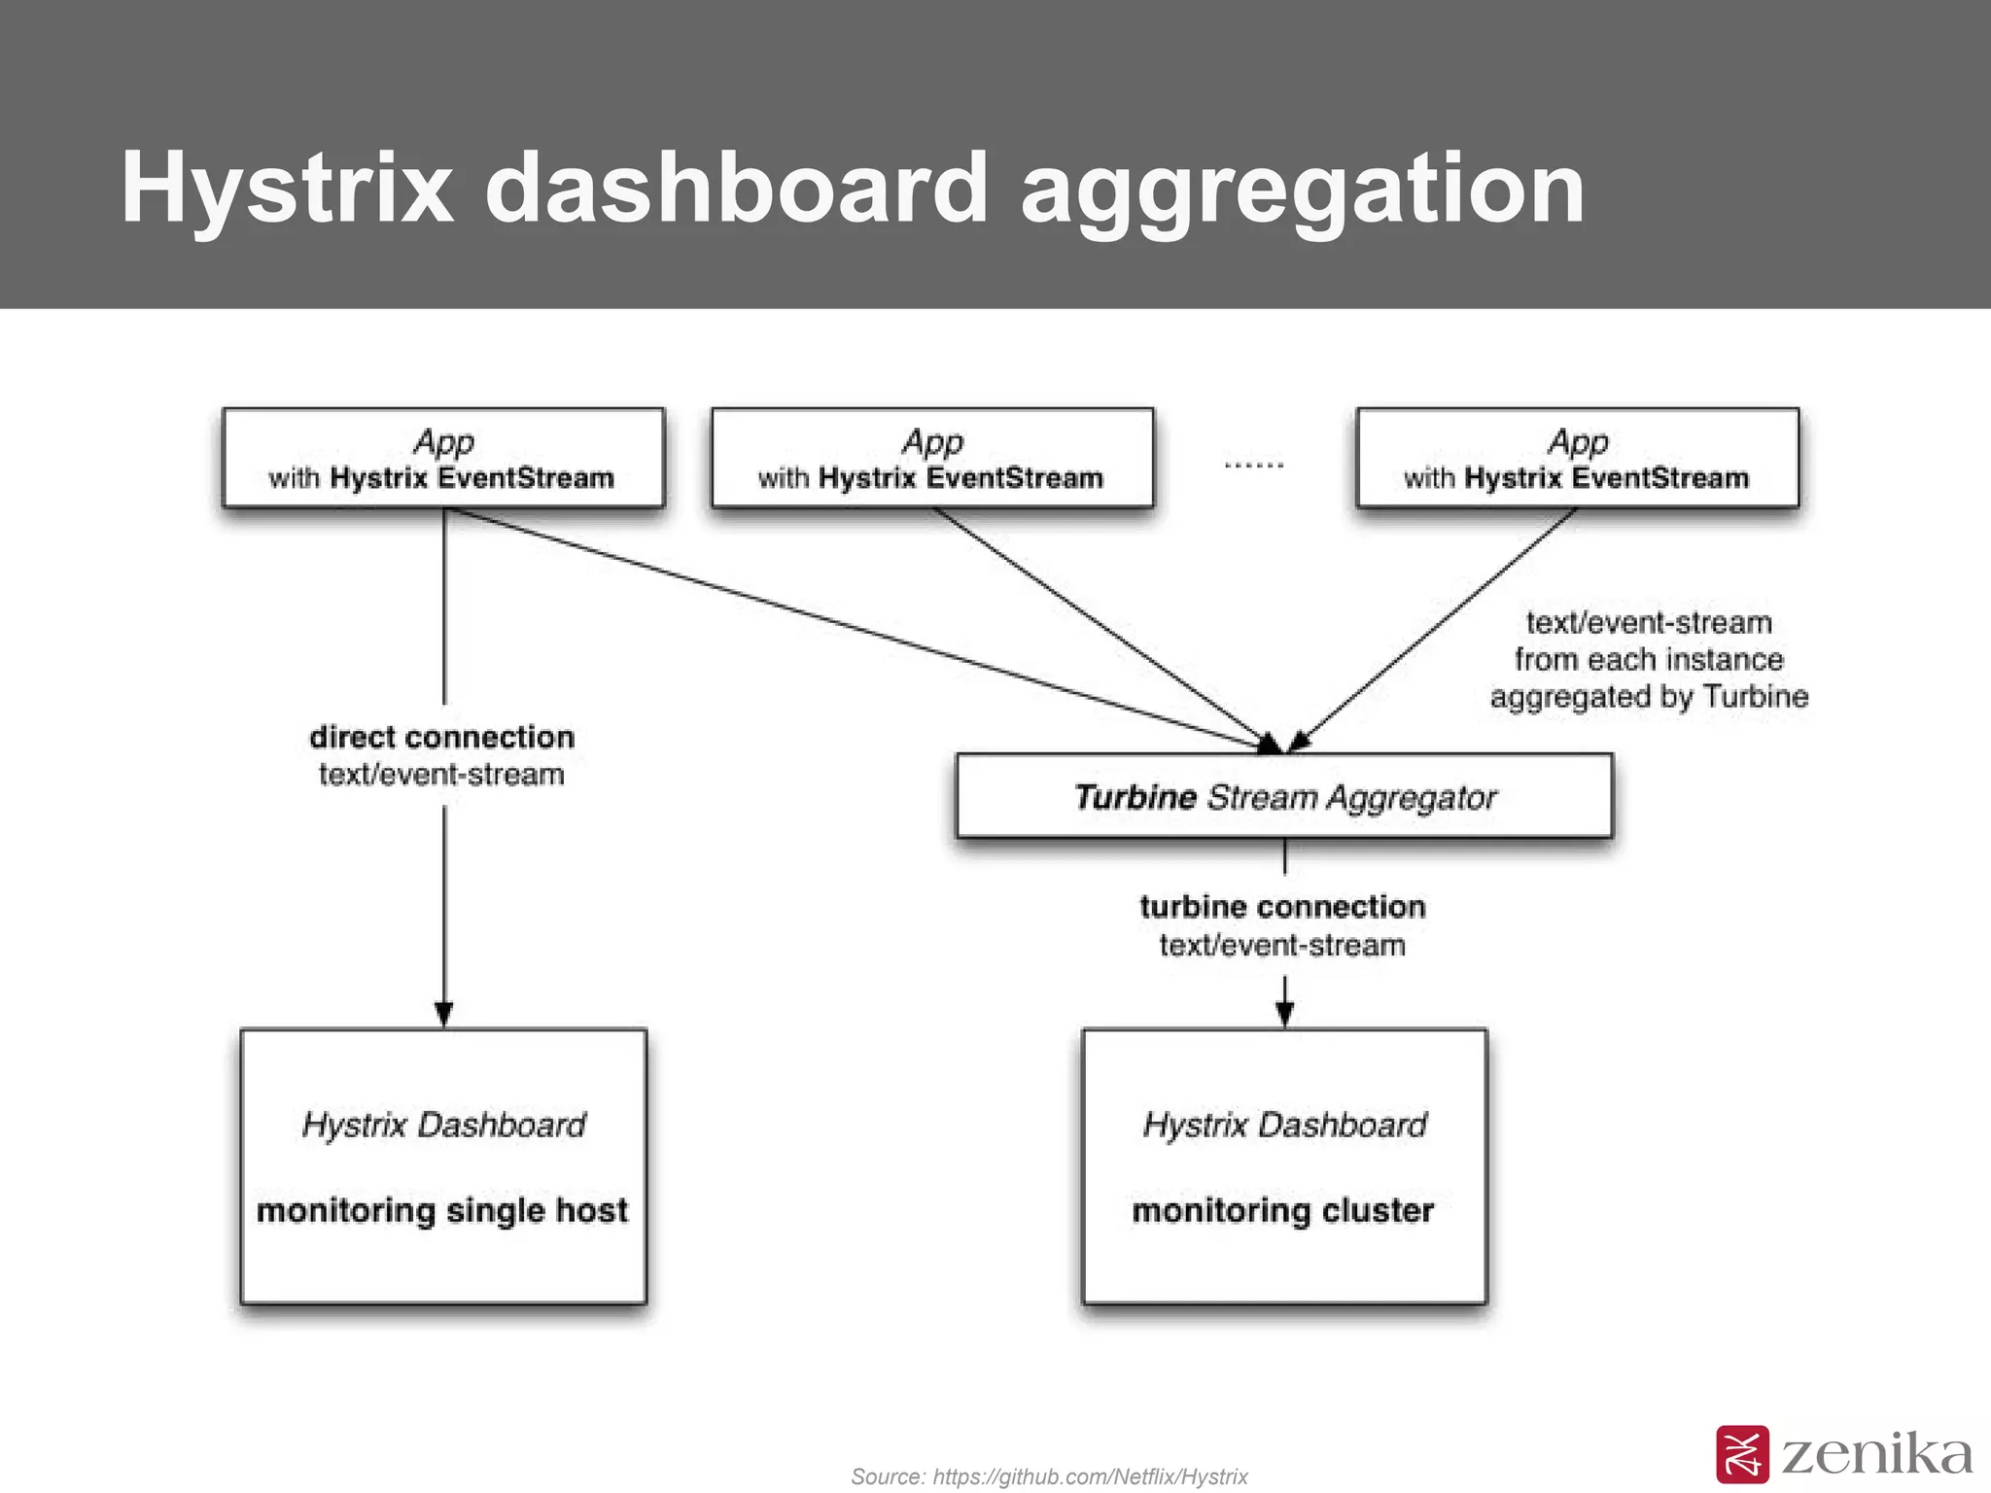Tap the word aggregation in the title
tap(1303, 190)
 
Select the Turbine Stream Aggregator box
tap(1283, 796)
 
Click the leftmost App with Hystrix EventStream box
tap(442, 458)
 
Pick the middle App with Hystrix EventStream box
tap(931, 458)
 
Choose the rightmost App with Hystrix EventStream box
tap(1577, 458)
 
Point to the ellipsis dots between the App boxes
tap(1254, 466)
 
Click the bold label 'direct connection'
tap(441, 737)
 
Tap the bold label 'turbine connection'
tap(1282, 907)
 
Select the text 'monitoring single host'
tap(441, 1210)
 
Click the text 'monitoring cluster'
tap(1282, 1210)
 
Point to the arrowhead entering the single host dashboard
tap(443, 1015)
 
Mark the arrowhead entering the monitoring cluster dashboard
tap(1284, 1015)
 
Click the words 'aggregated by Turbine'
tap(1649, 697)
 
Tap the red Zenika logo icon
tap(1742, 1454)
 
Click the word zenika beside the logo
tap(1876, 1455)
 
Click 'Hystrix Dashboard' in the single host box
tap(443, 1125)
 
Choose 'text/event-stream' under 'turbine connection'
tap(1282, 945)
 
